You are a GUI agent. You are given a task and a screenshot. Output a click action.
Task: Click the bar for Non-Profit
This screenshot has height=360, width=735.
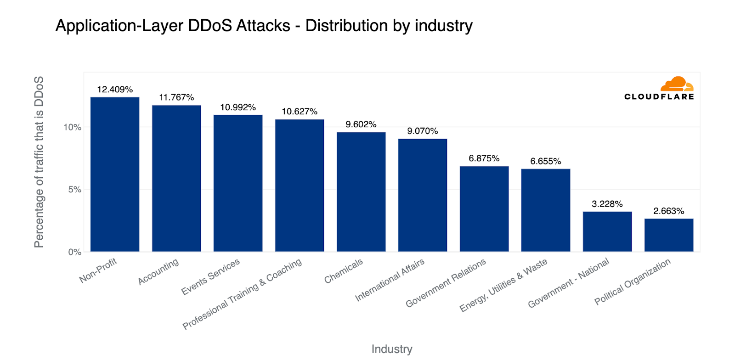click(x=115, y=174)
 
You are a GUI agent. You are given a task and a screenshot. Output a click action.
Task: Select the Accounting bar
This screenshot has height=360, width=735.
click(x=176, y=179)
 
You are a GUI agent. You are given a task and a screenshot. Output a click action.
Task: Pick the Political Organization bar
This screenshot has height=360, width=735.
click(x=669, y=235)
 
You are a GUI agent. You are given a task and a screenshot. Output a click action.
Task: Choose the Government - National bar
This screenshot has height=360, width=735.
click(x=607, y=231)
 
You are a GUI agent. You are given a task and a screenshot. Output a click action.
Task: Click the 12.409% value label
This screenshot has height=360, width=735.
click(x=115, y=90)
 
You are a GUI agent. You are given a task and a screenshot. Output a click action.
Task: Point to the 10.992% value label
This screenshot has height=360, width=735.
click(x=238, y=107)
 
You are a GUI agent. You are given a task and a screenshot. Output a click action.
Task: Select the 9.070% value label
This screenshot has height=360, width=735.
click(x=423, y=131)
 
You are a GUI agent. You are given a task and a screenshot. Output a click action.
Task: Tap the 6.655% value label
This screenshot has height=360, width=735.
click(x=546, y=161)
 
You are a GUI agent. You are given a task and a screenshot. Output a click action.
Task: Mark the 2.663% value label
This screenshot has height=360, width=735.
click(x=669, y=211)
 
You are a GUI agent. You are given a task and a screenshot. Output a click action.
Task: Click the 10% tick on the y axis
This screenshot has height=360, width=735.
click(x=73, y=127)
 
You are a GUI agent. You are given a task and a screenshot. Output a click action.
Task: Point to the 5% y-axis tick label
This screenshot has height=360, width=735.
click(x=75, y=190)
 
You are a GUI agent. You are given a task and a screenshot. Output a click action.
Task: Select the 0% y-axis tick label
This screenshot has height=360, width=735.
click(x=75, y=252)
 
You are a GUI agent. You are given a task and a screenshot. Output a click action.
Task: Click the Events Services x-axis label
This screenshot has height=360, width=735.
click(x=210, y=276)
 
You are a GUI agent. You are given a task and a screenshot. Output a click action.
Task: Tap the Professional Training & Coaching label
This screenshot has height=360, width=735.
click(x=242, y=294)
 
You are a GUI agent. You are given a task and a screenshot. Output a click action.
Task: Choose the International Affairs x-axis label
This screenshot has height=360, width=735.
click(x=390, y=280)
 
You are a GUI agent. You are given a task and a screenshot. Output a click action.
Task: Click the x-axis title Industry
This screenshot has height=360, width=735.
click(x=392, y=349)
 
